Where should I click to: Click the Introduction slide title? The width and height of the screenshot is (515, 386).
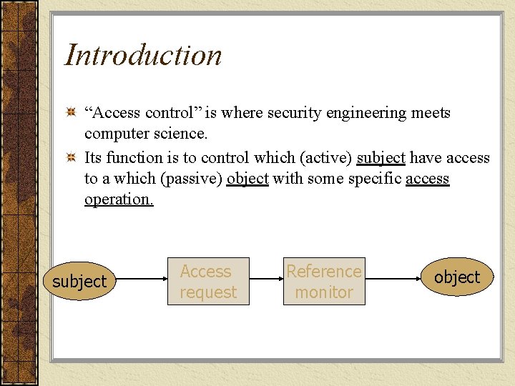pyautogui.click(x=143, y=55)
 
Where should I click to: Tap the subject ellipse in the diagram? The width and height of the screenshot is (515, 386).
pyautogui.click(x=79, y=282)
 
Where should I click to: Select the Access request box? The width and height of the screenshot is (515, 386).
pyautogui.click(x=208, y=281)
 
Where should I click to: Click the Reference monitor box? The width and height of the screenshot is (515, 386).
pyautogui.click(x=324, y=281)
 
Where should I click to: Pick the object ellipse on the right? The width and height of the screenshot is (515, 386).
pyautogui.click(x=457, y=277)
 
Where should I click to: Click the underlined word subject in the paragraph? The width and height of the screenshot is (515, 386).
pyautogui.click(x=381, y=157)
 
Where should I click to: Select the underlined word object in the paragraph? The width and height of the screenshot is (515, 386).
pyautogui.click(x=247, y=178)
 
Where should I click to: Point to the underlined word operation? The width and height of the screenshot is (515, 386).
pyautogui.click(x=119, y=199)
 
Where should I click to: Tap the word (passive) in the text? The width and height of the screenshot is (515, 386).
pyautogui.click(x=192, y=178)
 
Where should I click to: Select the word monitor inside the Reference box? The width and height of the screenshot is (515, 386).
pyautogui.click(x=324, y=292)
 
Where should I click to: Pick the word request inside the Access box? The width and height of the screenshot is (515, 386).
pyautogui.click(x=208, y=292)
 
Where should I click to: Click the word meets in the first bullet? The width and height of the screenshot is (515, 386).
pyautogui.click(x=431, y=113)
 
